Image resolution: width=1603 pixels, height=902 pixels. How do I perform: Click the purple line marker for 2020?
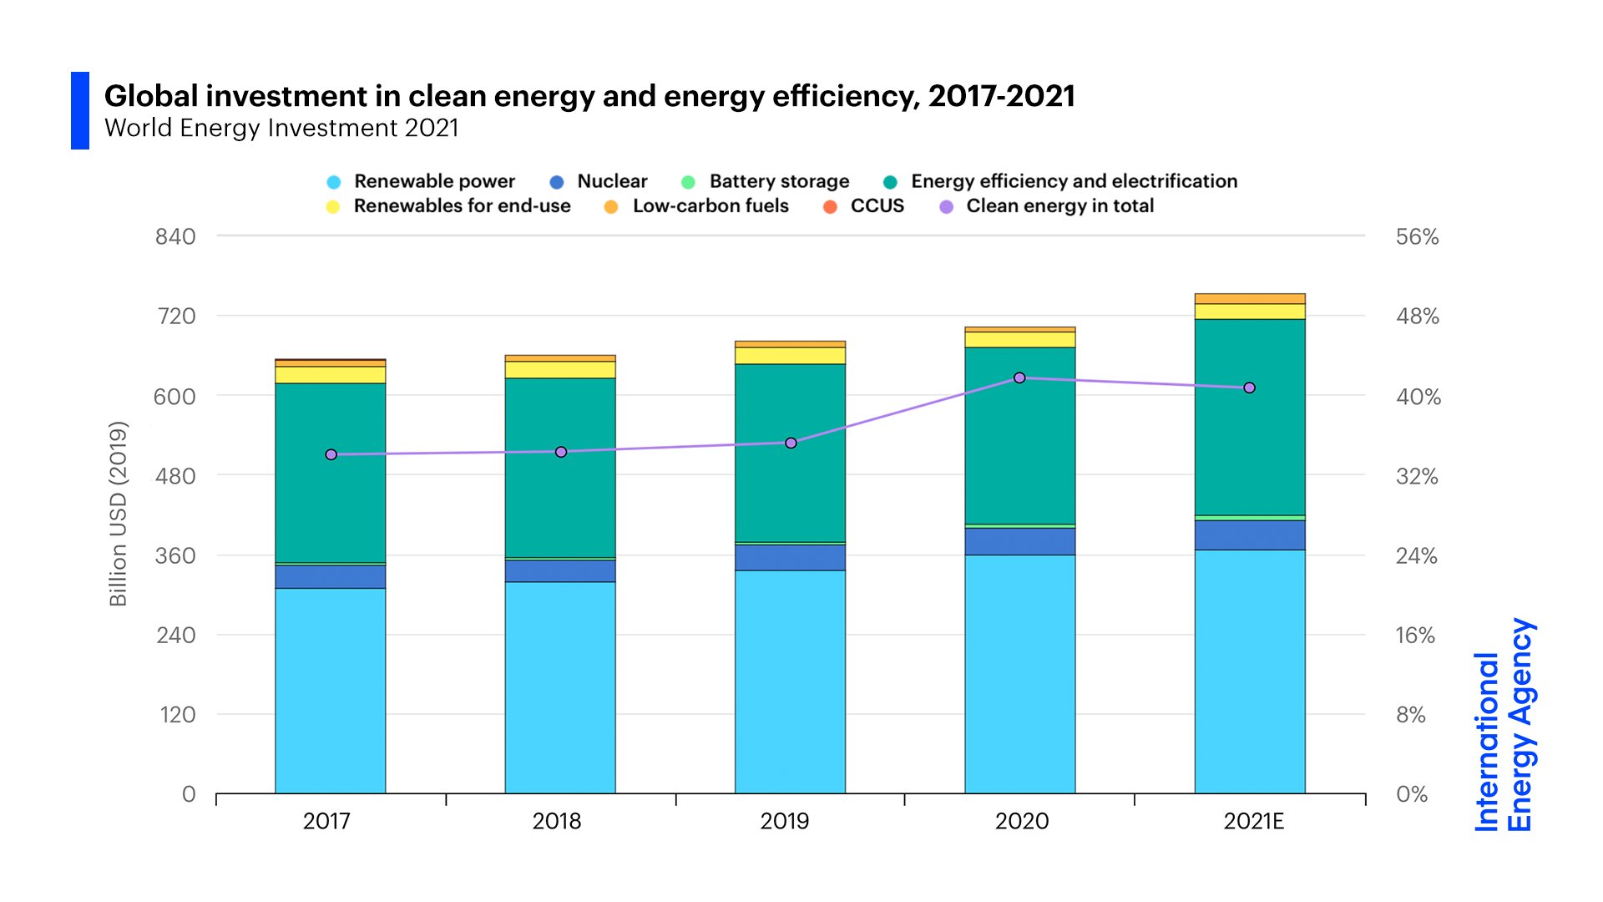click(x=1019, y=378)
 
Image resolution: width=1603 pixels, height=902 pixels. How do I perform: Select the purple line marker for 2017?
click(x=331, y=454)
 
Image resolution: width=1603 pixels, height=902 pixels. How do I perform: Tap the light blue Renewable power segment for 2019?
click(x=790, y=681)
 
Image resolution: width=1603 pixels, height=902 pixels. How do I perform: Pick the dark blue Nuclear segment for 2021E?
click(x=1250, y=535)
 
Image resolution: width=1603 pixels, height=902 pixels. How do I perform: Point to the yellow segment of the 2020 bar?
click(x=1019, y=339)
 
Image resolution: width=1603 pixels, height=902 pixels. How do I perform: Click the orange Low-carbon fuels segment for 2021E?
click(x=1250, y=299)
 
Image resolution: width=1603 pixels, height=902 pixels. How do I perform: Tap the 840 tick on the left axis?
click(x=175, y=236)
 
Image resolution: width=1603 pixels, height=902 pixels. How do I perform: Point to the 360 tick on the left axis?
click(x=175, y=555)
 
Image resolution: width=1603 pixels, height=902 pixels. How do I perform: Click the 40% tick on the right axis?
click(x=1418, y=396)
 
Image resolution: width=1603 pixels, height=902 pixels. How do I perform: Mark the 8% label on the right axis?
click(x=1411, y=715)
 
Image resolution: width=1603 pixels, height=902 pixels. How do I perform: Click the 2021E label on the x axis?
click(x=1253, y=821)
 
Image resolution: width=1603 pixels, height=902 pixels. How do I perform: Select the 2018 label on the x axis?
click(x=557, y=821)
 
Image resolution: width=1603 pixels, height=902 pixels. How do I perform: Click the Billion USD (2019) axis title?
click(x=118, y=514)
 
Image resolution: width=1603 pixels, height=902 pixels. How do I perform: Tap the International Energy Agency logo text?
click(x=1504, y=725)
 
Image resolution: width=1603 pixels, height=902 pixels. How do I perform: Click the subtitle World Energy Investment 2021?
click(x=281, y=128)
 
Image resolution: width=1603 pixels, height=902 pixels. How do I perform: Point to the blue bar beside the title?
click(x=80, y=110)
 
